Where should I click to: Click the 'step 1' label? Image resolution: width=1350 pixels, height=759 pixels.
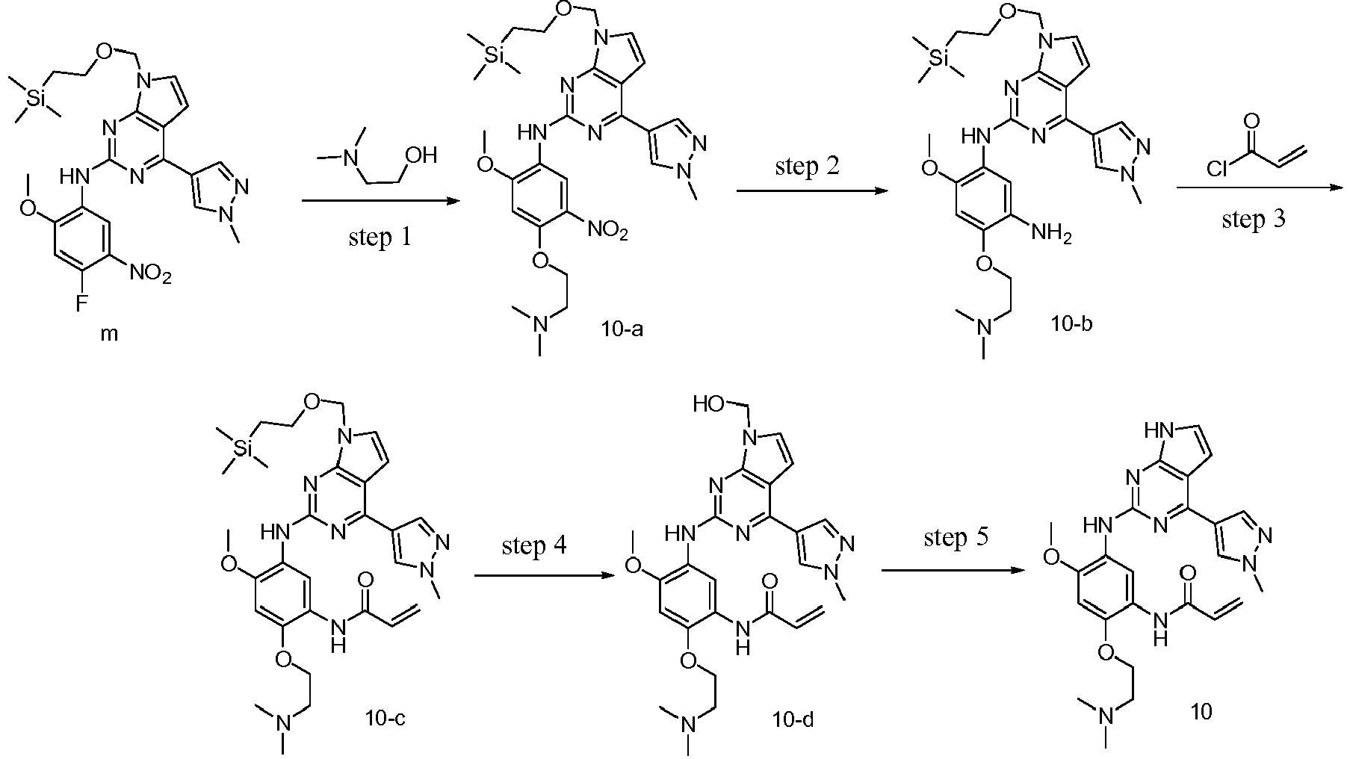tap(380, 238)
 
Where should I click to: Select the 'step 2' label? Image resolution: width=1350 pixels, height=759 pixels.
tap(807, 167)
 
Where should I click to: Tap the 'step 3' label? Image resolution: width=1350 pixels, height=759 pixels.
tap(1254, 220)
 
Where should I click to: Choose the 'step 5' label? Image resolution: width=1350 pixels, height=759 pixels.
tap(956, 538)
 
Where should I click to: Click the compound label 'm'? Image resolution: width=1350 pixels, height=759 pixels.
tap(109, 335)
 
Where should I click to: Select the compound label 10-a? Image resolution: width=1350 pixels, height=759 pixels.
tap(621, 327)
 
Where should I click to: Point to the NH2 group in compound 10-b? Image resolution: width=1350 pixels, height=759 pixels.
tap(1051, 235)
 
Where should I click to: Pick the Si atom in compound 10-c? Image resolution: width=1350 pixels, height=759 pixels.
tap(241, 448)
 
